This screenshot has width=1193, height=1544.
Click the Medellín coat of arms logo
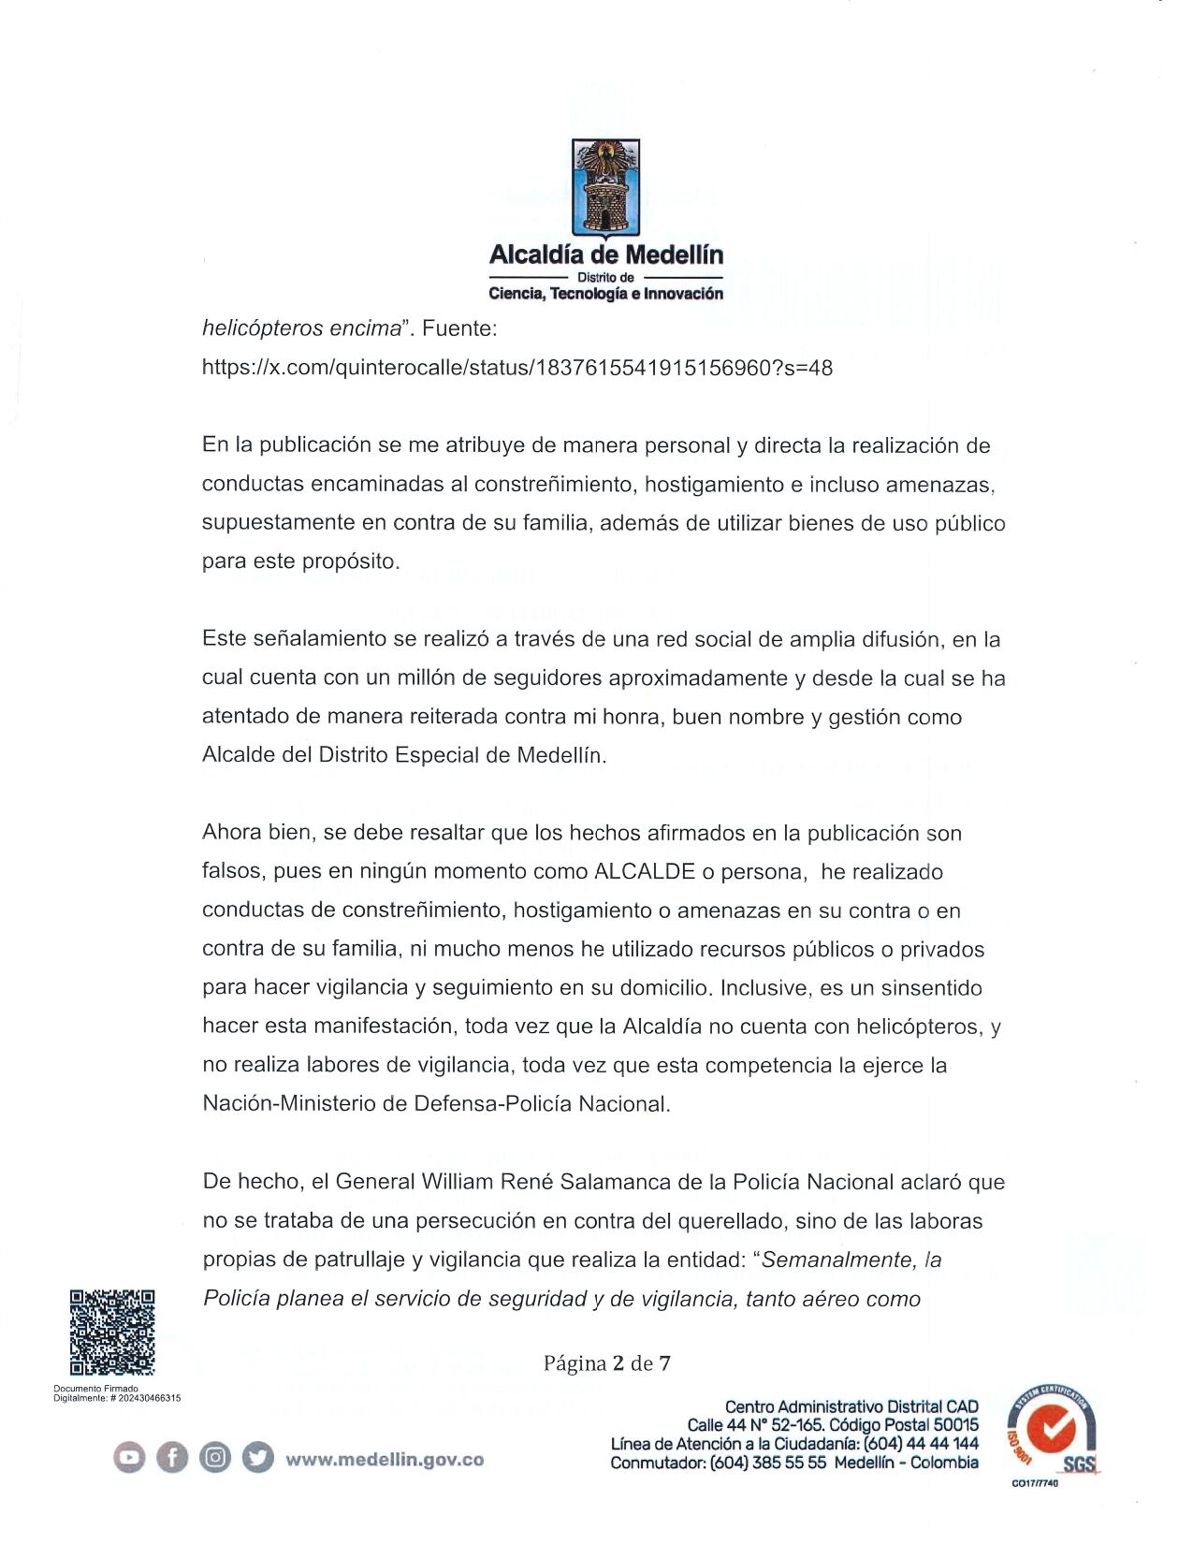(605, 186)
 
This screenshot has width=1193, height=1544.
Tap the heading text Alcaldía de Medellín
(605, 255)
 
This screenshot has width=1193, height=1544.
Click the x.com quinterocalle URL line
(516, 368)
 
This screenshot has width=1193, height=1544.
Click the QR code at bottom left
(111, 1332)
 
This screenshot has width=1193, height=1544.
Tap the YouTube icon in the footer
(130, 1458)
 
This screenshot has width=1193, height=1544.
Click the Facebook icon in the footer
(172, 1458)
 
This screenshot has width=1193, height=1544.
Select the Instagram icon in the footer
(215, 1458)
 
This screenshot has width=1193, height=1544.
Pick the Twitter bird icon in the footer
(257, 1458)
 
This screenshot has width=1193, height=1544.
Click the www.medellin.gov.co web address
(385, 1459)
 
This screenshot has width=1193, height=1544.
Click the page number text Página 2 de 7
(606, 1362)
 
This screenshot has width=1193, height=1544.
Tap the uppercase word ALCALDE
(644, 872)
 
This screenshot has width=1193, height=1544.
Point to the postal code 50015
(955, 1425)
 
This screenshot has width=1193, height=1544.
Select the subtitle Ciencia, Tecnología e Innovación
(605, 294)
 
